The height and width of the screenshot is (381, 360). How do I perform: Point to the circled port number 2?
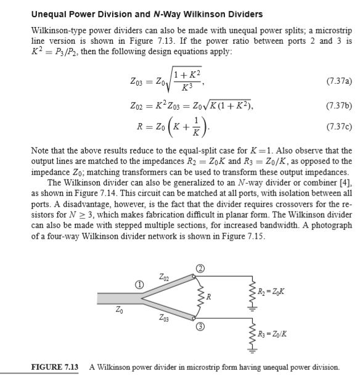[x=200, y=268]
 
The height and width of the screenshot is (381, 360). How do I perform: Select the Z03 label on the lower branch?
[x=162, y=318]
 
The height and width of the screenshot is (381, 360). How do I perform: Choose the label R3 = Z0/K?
[x=272, y=335]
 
